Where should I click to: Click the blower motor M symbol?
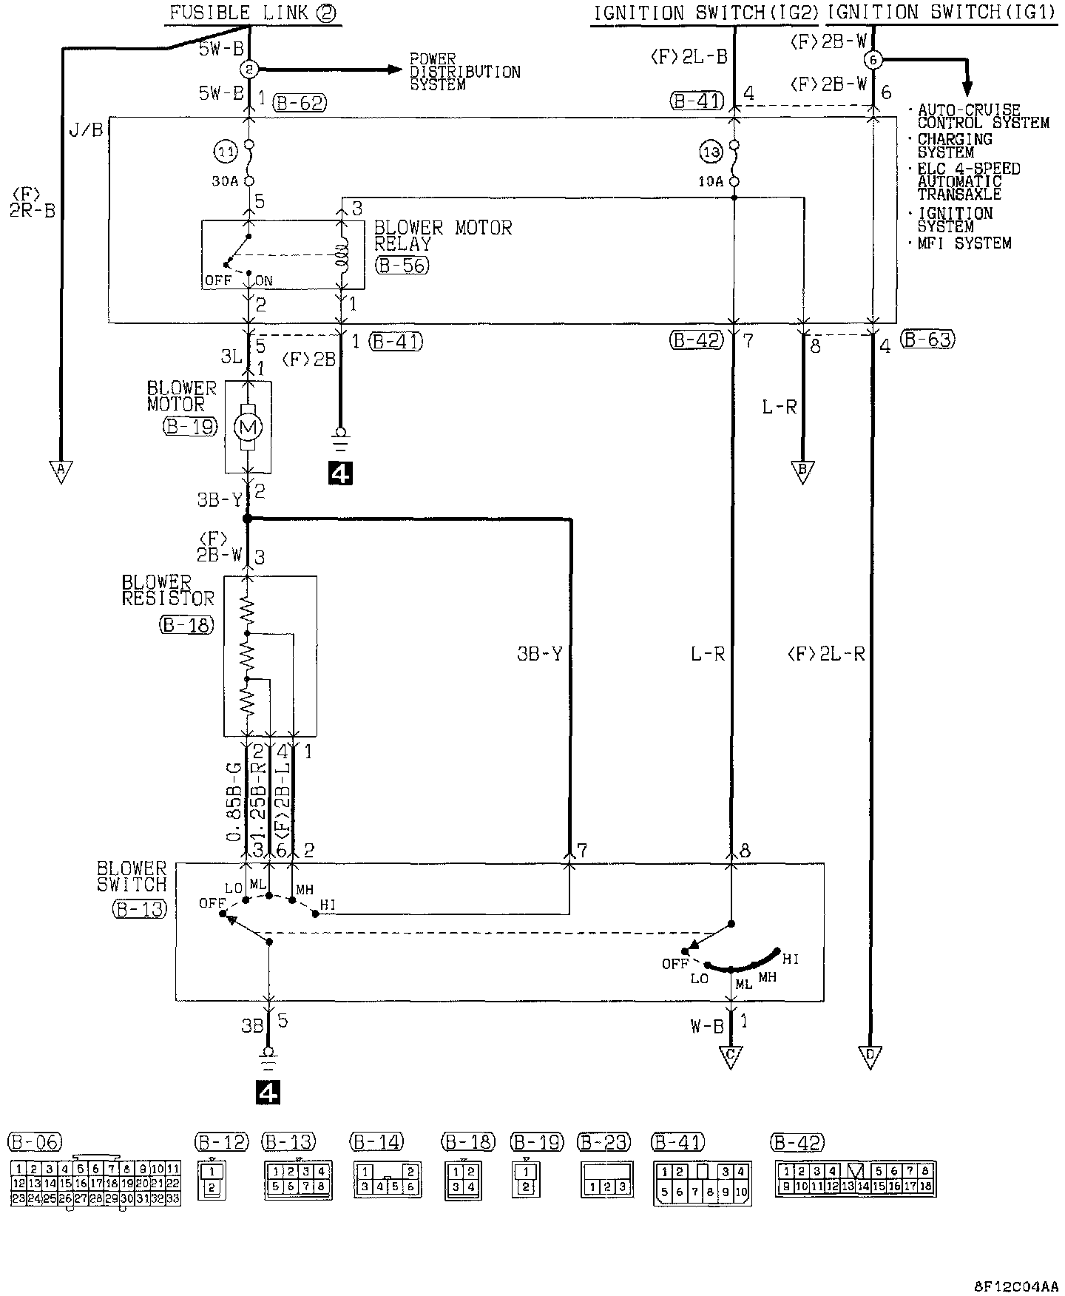coord(247,427)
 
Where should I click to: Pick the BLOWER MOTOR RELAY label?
coord(442,236)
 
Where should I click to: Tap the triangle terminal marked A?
coord(61,470)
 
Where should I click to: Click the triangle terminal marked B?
coord(802,470)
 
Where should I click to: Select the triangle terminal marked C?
coord(731,1056)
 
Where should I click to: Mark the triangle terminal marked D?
coord(871,1056)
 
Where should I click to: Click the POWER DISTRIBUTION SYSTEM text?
coord(465,72)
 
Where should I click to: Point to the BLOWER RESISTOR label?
coord(168,590)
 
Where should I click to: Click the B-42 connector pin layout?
coord(854,1179)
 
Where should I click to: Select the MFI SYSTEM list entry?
coord(964,243)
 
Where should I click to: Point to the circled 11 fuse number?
coord(225,152)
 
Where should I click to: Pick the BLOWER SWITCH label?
coord(132,876)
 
